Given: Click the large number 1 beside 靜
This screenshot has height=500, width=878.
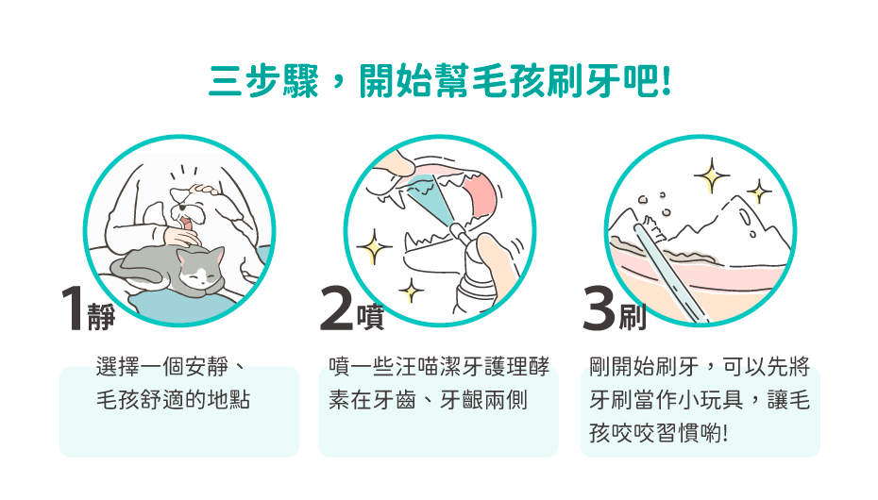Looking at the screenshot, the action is pos(73,308).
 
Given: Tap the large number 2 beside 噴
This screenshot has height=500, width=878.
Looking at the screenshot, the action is pos(337,308).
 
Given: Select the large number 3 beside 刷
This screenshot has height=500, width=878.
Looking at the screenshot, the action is pos(599,308).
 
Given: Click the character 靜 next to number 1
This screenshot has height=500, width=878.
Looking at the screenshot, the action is pos(101,317).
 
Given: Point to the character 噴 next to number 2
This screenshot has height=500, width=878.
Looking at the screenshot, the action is pos(370,317).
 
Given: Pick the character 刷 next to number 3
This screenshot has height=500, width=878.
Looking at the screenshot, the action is pos(633,317).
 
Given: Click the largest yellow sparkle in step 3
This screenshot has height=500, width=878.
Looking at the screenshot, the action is pos(712,175).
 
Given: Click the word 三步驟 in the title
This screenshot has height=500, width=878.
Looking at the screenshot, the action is pos(263,82).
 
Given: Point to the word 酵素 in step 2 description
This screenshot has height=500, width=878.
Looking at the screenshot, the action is pos(438,384).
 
